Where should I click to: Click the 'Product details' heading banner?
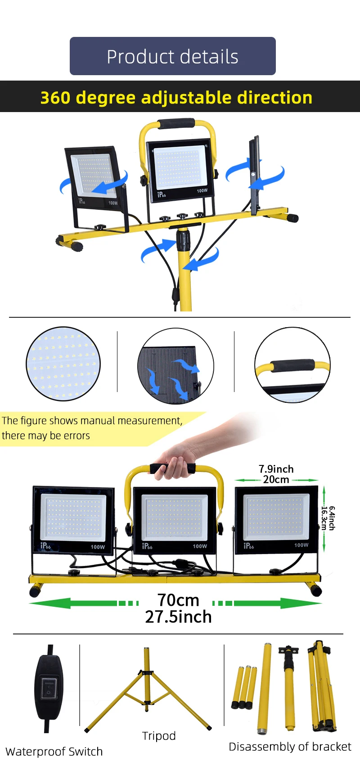point(172,56)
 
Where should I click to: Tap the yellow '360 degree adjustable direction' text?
point(176,97)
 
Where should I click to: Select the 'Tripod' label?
point(159,735)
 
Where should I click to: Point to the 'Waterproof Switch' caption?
point(54,751)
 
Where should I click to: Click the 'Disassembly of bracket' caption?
point(290,746)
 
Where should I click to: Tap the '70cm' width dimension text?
point(178,600)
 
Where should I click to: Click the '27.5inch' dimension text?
point(178,617)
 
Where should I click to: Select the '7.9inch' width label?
point(276,469)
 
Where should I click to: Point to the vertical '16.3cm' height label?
point(324,518)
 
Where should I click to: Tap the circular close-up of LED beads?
point(63,364)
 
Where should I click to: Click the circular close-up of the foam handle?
point(292,365)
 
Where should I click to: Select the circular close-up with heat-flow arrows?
point(175,366)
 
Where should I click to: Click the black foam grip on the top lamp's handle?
point(176,124)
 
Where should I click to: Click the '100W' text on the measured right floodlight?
point(301,545)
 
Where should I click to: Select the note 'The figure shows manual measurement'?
point(92,421)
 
